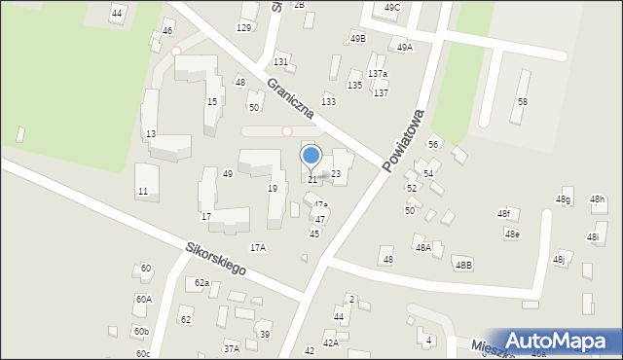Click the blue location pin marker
(x=311, y=157)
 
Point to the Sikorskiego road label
(x=214, y=259)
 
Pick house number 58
(x=523, y=102)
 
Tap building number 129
(x=243, y=27)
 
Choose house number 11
(x=143, y=192)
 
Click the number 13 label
(x=150, y=134)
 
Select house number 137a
(x=378, y=74)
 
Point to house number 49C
(x=392, y=8)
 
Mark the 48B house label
(x=462, y=265)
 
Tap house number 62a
(x=202, y=283)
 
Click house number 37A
(x=231, y=348)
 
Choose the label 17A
(x=258, y=248)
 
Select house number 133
(x=329, y=102)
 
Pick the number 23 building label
(x=336, y=174)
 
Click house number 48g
(x=563, y=199)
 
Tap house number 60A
(x=144, y=300)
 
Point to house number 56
(x=433, y=144)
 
